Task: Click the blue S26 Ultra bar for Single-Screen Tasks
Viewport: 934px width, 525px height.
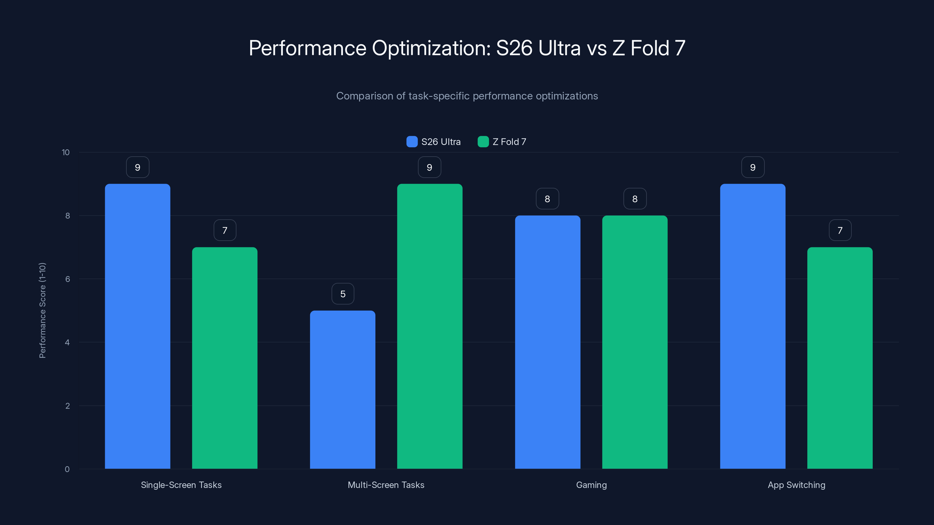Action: [x=137, y=326]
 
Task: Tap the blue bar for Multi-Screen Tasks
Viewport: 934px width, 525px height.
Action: [x=342, y=389]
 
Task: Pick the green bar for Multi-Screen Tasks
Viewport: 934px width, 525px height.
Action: [x=430, y=326]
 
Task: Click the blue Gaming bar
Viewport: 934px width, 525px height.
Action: [x=548, y=342]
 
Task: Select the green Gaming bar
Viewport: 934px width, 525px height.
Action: [x=635, y=342]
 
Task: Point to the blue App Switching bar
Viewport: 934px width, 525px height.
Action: [x=753, y=326]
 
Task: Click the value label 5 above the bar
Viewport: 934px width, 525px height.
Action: [x=343, y=294]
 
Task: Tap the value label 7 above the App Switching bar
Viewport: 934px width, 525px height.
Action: [x=840, y=230]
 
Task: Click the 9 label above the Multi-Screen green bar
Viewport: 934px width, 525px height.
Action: [x=429, y=167]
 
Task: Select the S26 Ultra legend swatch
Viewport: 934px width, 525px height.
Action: [x=412, y=142]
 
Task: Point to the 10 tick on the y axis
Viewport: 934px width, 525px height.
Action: [x=66, y=152]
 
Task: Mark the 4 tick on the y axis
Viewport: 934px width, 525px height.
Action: [x=67, y=342]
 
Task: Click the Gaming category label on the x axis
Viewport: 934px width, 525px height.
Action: [x=591, y=485]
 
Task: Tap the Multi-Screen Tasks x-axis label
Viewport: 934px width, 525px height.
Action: [x=386, y=485]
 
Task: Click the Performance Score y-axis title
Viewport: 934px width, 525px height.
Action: [x=42, y=311]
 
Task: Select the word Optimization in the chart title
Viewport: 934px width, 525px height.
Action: [x=431, y=48]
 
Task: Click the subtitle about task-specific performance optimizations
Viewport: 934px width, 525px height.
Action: [x=467, y=96]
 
